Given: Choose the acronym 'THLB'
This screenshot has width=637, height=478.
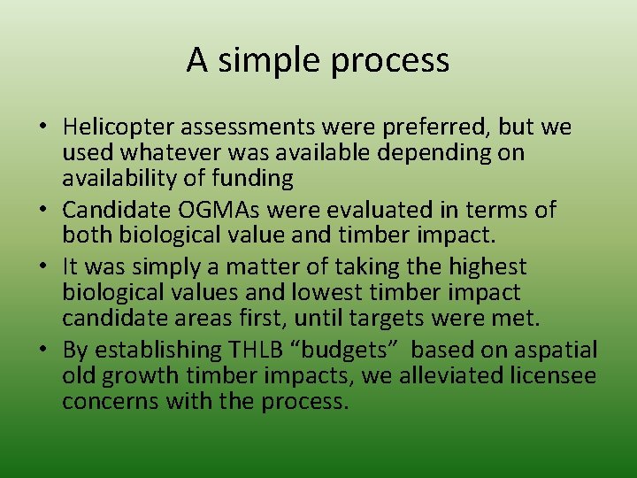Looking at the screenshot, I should [x=266, y=350].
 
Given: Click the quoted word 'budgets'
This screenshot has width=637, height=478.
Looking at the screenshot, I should [x=364, y=350].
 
